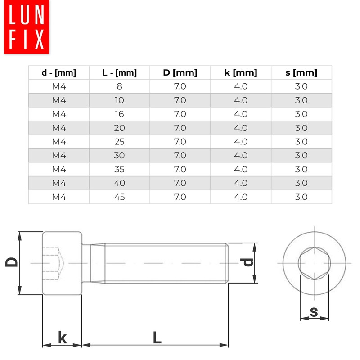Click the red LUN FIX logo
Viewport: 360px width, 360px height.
coord(27,27)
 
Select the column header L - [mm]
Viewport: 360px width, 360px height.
coord(119,73)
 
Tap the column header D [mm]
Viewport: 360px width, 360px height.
coord(180,73)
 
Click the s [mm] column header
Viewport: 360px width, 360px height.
coord(301,73)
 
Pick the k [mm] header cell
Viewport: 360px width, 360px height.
coord(241,73)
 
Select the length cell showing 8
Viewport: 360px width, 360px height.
coord(119,86)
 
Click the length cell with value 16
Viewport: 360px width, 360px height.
coord(119,114)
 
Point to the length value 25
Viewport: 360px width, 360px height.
coord(119,142)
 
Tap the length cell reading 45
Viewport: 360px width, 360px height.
coord(119,197)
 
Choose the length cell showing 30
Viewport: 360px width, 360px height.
coord(119,155)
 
